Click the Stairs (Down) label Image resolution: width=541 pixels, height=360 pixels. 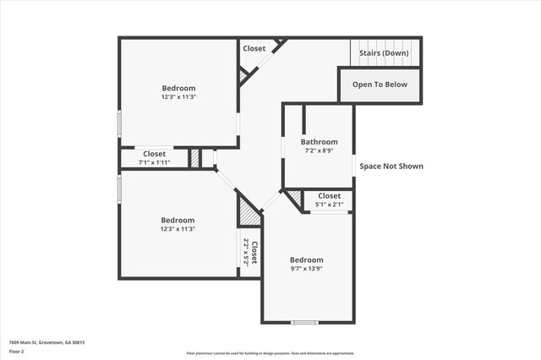coord(384,53)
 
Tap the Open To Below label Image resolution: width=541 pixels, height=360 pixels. coord(380,85)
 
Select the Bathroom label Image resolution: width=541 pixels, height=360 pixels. coord(320,142)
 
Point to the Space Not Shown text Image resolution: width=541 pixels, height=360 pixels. coord(391,166)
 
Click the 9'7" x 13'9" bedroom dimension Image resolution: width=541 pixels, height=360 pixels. coord(306,269)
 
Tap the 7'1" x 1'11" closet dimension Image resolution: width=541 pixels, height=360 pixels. coord(154,162)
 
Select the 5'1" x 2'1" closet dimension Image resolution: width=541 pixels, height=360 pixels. coord(329,205)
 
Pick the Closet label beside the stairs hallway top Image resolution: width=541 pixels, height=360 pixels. coord(254,48)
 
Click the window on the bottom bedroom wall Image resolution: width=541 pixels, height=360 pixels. coord(304,322)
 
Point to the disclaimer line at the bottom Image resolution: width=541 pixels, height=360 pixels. coord(270,353)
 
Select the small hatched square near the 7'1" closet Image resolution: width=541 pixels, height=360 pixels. coord(194,158)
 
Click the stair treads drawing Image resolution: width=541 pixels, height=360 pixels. coord(385,44)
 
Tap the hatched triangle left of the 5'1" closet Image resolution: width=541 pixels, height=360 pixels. coord(294,199)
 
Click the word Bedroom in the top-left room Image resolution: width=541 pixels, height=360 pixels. coord(178,88)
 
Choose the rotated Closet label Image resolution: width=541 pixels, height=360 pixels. coord(254,253)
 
